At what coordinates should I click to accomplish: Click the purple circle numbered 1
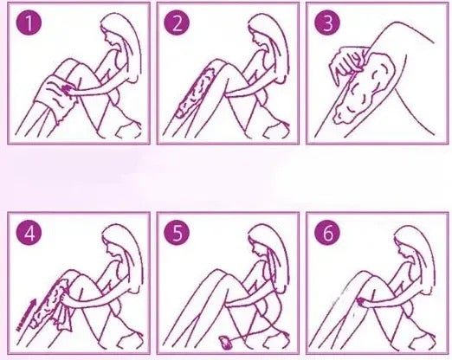(x=29, y=22)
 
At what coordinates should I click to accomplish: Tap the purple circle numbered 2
(x=177, y=22)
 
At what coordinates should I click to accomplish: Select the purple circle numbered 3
(x=327, y=22)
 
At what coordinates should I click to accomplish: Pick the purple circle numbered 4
(x=29, y=232)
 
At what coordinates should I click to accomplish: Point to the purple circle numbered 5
(x=177, y=232)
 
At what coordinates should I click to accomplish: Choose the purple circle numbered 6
(x=327, y=232)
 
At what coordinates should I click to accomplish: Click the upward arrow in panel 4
(x=26, y=315)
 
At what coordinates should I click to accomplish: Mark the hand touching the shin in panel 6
(x=362, y=301)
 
